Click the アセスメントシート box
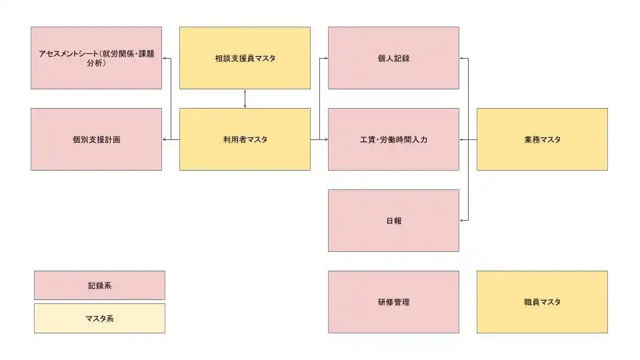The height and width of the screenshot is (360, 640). tap(96, 58)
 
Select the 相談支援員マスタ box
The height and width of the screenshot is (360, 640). tap(245, 58)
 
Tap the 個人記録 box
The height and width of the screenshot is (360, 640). tap(393, 58)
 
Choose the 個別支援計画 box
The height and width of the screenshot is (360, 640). tap(96, 139)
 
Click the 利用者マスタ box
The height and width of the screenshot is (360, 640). tap(245, 139)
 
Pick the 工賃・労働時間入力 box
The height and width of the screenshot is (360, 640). tap(393, 139)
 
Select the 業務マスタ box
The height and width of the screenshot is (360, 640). tap(542, 139)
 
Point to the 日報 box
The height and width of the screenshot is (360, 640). tap(393, 221)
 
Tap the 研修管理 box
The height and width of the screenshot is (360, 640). tap(393, 302)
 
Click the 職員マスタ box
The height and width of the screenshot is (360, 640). tap(542, 302)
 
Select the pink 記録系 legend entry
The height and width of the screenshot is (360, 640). tap(99, 285)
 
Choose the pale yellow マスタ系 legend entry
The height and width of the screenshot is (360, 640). tap(99, 319)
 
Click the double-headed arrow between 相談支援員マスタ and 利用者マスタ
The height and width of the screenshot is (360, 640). tap(245, 99)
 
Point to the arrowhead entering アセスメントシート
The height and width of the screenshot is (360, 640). tap(164, 59)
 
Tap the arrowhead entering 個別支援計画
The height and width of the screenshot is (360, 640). tap(164, 139)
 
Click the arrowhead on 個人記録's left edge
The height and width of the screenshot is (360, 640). tap(326, 59)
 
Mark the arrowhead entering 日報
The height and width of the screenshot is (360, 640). tap(461, 221)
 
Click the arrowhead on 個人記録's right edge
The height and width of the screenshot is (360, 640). tap(461, 59)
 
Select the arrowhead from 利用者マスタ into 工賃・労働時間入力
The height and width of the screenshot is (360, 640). tap(326, 139)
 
